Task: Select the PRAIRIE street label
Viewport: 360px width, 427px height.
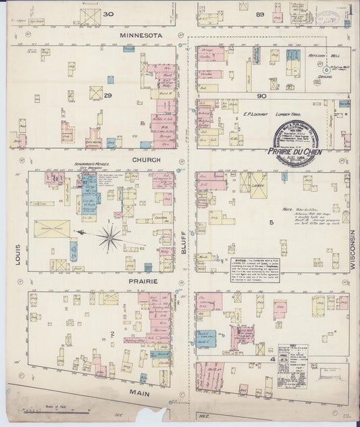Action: pos(147,280)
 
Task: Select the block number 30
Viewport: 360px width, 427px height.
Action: pos(108,14)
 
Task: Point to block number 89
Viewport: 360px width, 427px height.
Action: pos(260,14)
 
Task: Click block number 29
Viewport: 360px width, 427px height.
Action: pos(107,96)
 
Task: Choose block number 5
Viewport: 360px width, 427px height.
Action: pos(272,222)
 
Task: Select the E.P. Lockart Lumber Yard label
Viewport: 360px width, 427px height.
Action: pos(266,115)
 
